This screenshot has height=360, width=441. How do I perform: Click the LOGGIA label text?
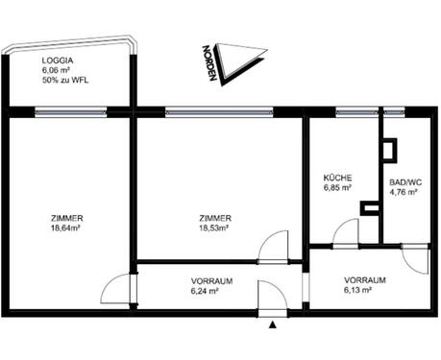[x=57, y=59]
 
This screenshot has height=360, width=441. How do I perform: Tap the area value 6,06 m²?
[x=57, y=69]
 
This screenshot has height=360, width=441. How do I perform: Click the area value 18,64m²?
[x=65, y=229]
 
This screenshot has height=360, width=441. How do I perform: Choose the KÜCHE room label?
[x=337, y=178]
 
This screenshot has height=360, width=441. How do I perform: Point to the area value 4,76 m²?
[x=404, y=192]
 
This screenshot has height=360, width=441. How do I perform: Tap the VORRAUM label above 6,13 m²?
[x=365, y=280]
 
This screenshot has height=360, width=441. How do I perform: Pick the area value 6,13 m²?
[x=366, y=292]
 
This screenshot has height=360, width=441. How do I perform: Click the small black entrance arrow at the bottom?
[x=273, y=324]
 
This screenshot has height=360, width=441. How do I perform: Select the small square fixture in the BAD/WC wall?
[x=388, y=149]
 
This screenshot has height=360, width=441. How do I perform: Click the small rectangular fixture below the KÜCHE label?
[x=368, y=207]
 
